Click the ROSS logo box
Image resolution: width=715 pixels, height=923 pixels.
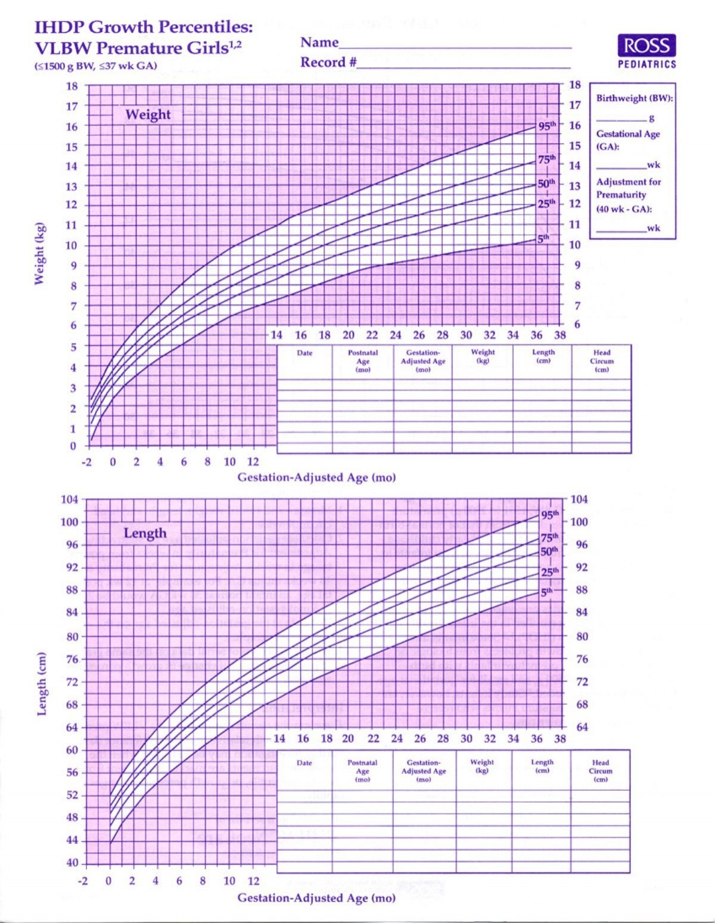pyautogui.click(x=646, y=45)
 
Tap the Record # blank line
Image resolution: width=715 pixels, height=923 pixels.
pyautogui.click(x=464, y=67)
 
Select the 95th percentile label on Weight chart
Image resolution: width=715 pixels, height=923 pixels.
pyautogui.click(x=546, y=126)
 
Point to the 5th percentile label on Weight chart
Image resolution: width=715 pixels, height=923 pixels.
pyautogui.click(x=543, y=238)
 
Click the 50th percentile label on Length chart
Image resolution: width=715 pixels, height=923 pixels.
pyautogui.click(x=549, y=551)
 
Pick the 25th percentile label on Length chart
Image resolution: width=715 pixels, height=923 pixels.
pyautogui.click(x=549, y=572)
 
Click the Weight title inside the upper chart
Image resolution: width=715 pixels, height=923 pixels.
pyautogui.click(x=148, y=114)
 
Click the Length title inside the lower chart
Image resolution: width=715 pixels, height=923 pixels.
pyautogui.click(x=145, y=533)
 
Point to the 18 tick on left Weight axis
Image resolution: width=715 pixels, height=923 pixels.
pyautogui.click(x=71, y=86)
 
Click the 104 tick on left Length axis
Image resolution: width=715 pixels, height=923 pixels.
pyautogui.click(x=70, y=499)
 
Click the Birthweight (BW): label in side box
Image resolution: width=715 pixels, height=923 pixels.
pyautogui.click(x=634, y=98)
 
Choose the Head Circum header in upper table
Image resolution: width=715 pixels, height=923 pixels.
pyautogui.click(x=601, y=361)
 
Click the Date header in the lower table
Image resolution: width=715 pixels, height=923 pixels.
pyautogui.click(x=304, y=763)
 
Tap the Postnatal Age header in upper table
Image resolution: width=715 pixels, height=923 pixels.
pyautogui.click(x=363, y=361)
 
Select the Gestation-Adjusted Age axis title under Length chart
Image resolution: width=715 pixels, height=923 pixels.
pyautogui.click(x=316, y=897)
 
